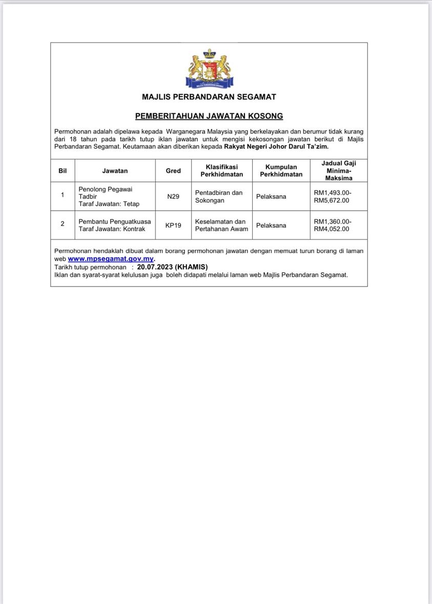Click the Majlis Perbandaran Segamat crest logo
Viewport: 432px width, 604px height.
pyautogui.click(x=209, y=69)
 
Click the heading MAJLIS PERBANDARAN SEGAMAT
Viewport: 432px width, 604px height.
pyautogui.click(x=209, y=97)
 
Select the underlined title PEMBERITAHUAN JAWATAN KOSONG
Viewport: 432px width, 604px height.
pyautogui.click(x=209, y=116)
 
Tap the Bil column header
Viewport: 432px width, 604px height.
pyautogui.click(x=63, y=171)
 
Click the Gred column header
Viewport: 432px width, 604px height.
pyautogui.click(x=173, y=171)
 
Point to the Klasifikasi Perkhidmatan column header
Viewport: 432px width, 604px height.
pyautogui.click(x=222, y=171)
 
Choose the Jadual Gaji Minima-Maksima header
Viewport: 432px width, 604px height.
pyautogui.click(x=339, y=171)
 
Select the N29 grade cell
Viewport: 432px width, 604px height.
pyautogui.click(x=173, y=196)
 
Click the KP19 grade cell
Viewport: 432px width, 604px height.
pyautogui.click(x=173, y=225)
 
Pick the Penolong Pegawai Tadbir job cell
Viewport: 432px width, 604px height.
pyautogui.click(x=109, y=196)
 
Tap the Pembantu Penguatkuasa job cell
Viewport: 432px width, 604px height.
pyautogui.click(x=114, y=225)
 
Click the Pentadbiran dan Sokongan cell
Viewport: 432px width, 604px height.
pyautogui.click(x=219, y=196)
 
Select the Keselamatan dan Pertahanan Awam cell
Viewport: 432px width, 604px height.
pyautogui.click(x=221, y=225)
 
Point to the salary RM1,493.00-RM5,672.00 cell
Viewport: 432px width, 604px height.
pyautogui.click(x=333, y=196)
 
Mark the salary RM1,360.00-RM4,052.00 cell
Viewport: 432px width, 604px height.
pyautogui.click(x=333, y=225)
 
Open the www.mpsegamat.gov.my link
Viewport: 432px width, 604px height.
pyautogui.click(x=111, y=259)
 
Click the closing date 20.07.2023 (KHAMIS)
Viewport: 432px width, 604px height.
pyautogui.click(x=172, y=267)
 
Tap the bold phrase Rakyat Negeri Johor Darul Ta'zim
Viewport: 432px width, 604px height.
pyautogui.click(x=276, y=147)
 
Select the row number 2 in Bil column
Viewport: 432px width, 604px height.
pyautogui.click(x=63, y=224)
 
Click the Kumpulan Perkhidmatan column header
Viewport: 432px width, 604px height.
pyautogui.click(x=281, y=171)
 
